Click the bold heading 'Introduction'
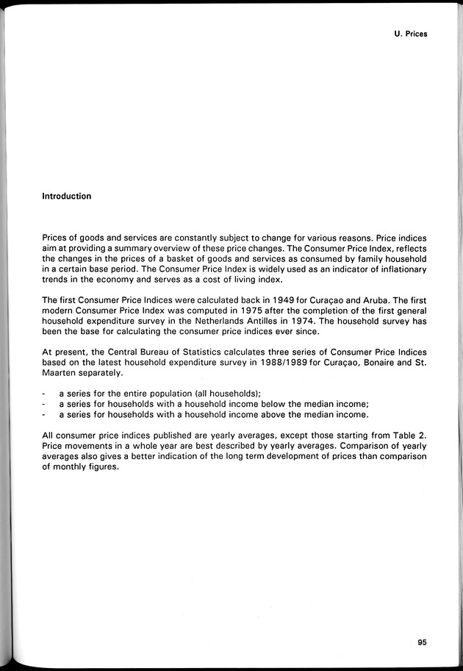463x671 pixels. (67, 196)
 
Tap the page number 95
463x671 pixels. (422, 642)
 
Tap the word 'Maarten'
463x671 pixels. (59, 373)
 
